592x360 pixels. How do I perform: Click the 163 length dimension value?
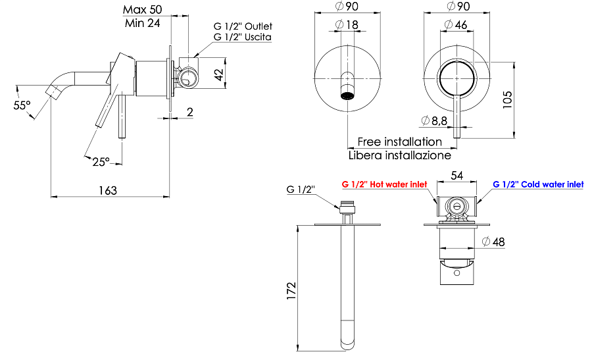click(x=107, y=190)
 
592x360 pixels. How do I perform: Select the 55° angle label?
click(x=22, y=105)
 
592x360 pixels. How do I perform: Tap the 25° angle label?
click(x=100, y=161)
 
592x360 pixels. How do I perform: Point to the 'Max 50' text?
click(x=144, y=9)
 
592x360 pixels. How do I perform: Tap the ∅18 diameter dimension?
click(x=347, y=24)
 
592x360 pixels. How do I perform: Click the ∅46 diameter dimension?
click(x=456, y=24)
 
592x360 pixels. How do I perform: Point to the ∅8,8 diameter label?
click(x=435, y=120)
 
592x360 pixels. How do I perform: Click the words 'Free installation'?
click(x=399, y=141)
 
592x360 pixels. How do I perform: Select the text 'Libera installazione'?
click(x=399, y=155)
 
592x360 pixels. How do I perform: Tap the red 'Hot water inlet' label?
click(x=384, y=185)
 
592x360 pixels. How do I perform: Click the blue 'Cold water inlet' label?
click(x=538, y=185)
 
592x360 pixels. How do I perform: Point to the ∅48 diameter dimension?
click(x=493, y=242)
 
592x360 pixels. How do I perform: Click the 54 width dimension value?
click(x=456, y=176)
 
